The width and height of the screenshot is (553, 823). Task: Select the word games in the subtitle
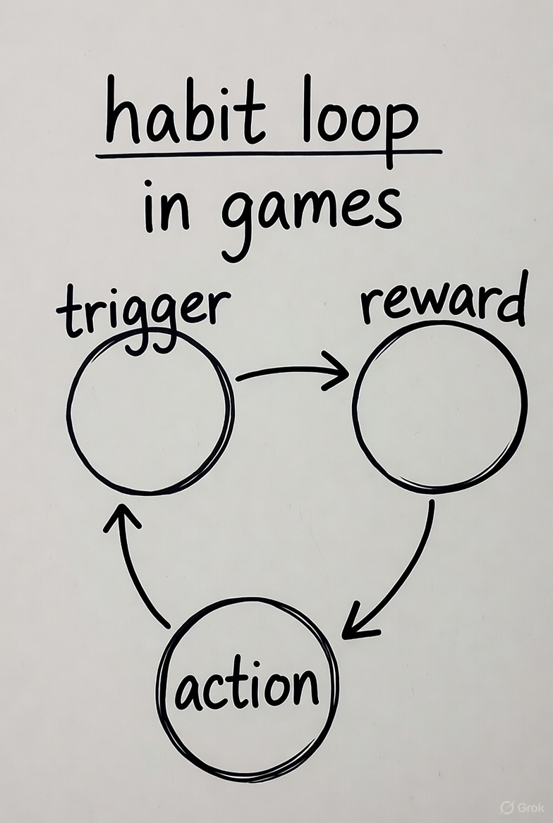311,209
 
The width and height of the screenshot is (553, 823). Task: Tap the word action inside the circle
246,687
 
